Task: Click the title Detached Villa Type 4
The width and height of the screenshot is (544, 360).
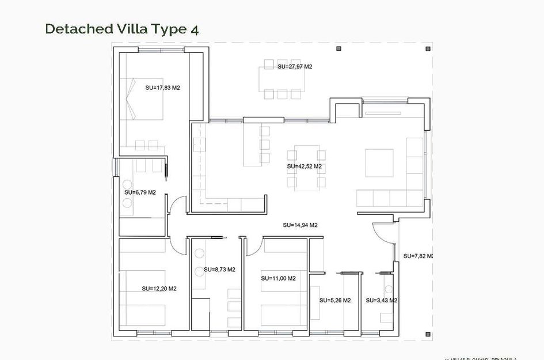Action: click(x=122, y=29)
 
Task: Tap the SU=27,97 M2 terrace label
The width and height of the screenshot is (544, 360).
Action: click(x=295, y=67)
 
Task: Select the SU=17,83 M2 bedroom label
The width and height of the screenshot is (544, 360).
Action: click(x=163, y=88)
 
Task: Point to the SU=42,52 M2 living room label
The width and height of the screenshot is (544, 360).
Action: click(x=304, y=166)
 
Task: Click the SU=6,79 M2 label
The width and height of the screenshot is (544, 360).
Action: click(x=140, y=192)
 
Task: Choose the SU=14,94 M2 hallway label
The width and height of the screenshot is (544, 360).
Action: click(x=300, y=225)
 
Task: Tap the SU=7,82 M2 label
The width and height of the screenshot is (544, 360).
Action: click(x=418, y=256)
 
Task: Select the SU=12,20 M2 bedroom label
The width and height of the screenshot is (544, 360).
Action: click(x=159, y=289)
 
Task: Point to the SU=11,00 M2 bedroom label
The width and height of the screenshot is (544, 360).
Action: click(x=278, y=278)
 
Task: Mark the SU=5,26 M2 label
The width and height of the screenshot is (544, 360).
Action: click(x=335, y=300)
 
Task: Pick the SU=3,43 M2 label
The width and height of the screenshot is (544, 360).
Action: click(x=381, y=300)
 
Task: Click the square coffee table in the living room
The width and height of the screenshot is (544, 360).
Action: click(x=379, y=163)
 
